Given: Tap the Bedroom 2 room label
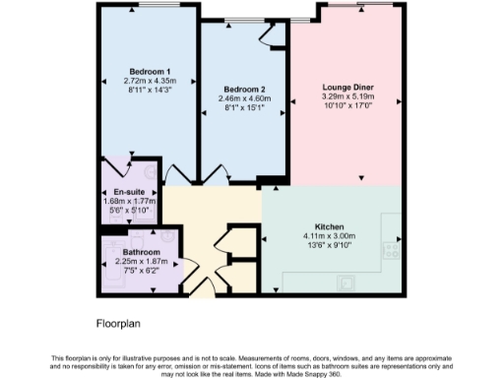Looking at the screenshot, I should (x=245, y=89).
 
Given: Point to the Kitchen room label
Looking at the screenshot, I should (x=328, y=225).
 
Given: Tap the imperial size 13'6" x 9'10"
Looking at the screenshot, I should (x=328, y=245).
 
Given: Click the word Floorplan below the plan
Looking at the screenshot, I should (x=119, y=322).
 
